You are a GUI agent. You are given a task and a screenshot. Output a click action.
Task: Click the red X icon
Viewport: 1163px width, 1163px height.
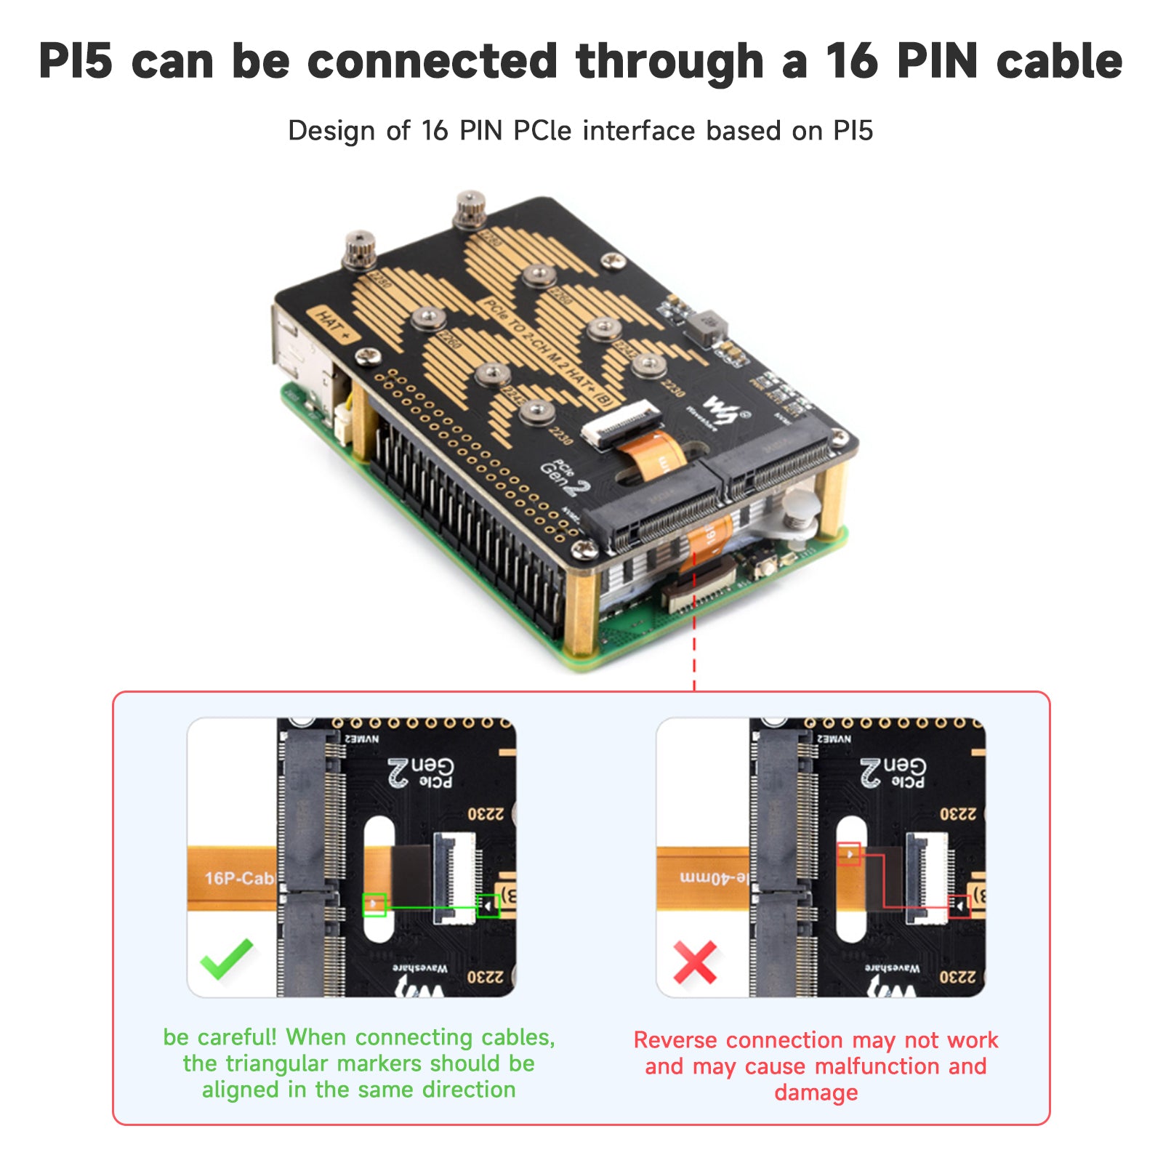[694, 962]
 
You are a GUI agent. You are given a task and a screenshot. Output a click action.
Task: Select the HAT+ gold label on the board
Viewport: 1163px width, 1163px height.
[334, 325]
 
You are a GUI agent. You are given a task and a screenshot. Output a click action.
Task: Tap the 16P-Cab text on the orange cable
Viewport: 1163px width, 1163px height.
[238, 878]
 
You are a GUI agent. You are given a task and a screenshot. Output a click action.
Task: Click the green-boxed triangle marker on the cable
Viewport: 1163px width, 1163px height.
[374, 904]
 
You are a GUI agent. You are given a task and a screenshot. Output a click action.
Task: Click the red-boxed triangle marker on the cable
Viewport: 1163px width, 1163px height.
[849, 853]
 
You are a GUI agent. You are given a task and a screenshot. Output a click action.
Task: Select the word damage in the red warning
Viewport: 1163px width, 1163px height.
[816, 1092]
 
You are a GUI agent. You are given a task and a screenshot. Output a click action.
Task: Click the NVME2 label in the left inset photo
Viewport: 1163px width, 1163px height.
[361, 739]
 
